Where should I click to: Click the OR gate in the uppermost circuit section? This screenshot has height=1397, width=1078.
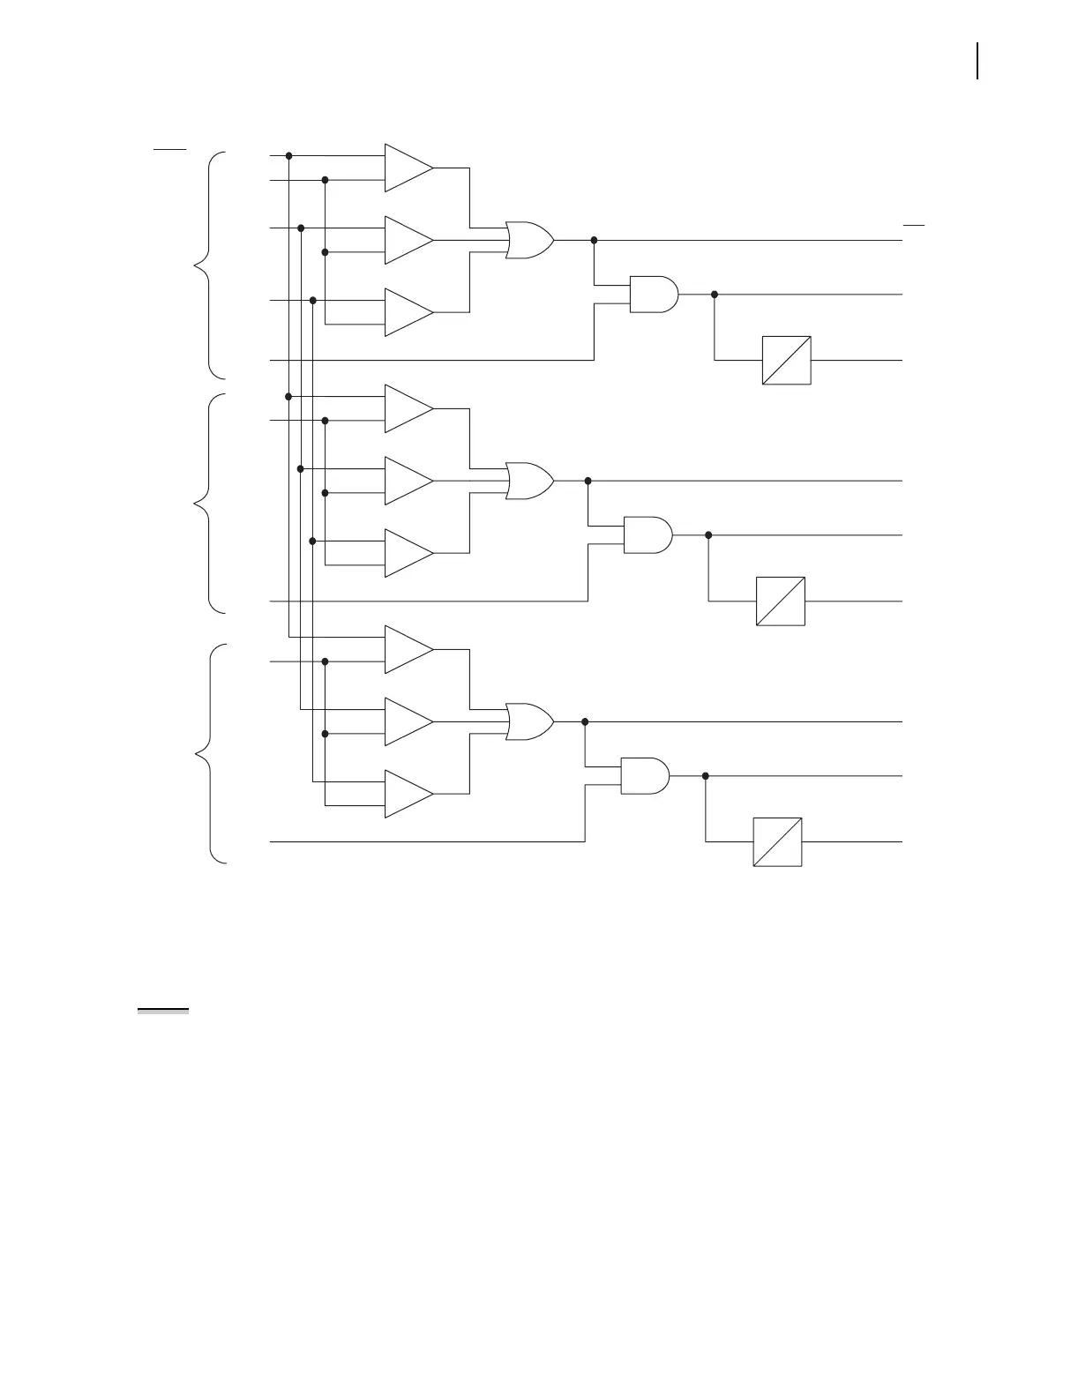(529, 240)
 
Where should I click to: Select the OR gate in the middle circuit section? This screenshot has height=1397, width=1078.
(529, 481)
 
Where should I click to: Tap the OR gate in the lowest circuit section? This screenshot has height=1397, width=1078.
(529, 721)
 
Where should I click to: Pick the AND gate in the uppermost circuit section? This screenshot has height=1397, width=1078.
(654, 295)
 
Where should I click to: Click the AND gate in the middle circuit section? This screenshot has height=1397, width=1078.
(648, 535)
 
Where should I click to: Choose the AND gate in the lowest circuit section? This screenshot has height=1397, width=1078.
(645, 776)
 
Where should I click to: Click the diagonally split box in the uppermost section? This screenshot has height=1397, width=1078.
(786, 360)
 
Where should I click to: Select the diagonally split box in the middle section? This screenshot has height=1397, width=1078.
(781, 601)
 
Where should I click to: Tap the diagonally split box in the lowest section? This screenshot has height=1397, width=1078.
(777, 842)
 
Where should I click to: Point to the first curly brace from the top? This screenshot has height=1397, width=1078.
(210, 265)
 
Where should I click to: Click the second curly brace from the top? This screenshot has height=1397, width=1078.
(210, 504)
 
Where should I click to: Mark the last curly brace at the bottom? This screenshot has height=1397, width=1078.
(210, 754)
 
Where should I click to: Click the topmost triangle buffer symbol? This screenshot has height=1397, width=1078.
(408, 168)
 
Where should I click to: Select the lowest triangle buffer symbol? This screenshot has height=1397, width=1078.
(408, 794)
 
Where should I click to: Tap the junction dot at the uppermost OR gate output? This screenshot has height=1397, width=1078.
(594, 240)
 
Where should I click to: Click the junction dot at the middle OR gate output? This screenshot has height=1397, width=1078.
(588, 481)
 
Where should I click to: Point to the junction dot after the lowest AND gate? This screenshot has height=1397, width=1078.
(706, 776)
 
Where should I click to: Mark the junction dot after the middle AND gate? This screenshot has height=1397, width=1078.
(708, 535)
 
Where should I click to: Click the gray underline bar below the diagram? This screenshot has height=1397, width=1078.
(163, 1011)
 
